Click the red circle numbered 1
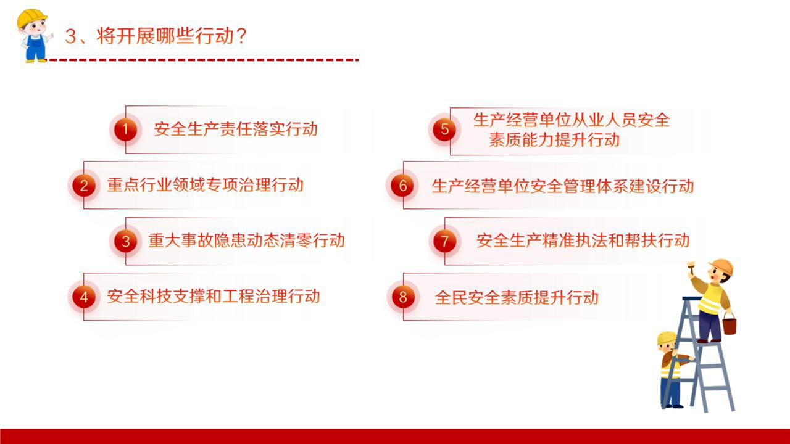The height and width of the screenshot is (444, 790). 125,129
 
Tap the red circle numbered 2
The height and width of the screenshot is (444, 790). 84,186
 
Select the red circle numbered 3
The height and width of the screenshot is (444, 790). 125,241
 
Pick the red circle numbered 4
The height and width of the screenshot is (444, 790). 84,297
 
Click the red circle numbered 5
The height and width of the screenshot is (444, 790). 444,129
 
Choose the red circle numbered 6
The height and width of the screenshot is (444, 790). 403,186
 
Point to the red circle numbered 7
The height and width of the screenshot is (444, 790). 445,241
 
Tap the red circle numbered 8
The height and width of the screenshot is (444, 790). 403,297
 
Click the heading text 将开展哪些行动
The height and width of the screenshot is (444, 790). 165,36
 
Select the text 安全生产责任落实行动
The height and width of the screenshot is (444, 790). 236,129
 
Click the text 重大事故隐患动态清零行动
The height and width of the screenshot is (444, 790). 246,240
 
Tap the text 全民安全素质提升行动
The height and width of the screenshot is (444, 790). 517,297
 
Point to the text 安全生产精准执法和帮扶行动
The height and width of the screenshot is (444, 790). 583,240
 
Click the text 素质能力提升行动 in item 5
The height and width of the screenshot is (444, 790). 554,140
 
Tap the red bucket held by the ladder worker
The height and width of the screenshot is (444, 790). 730,325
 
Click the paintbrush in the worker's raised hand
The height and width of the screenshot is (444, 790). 691,268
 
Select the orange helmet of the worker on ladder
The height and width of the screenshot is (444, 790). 721,267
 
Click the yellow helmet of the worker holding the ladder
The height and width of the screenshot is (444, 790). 667,338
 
